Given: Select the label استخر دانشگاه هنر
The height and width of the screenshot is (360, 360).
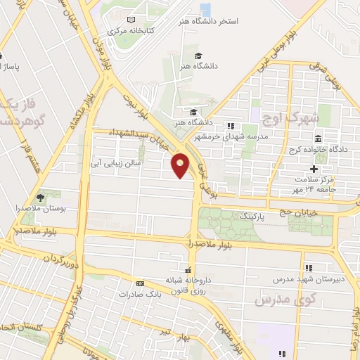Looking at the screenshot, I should coord(210,22).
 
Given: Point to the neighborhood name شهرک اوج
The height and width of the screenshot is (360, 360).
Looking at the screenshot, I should coord(280,118).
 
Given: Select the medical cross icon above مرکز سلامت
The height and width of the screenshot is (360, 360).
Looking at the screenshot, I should coord(314,169).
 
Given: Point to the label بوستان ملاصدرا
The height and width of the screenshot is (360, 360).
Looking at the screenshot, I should coord(37,209).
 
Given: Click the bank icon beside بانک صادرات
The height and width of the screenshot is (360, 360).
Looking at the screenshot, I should coord(141,283).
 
